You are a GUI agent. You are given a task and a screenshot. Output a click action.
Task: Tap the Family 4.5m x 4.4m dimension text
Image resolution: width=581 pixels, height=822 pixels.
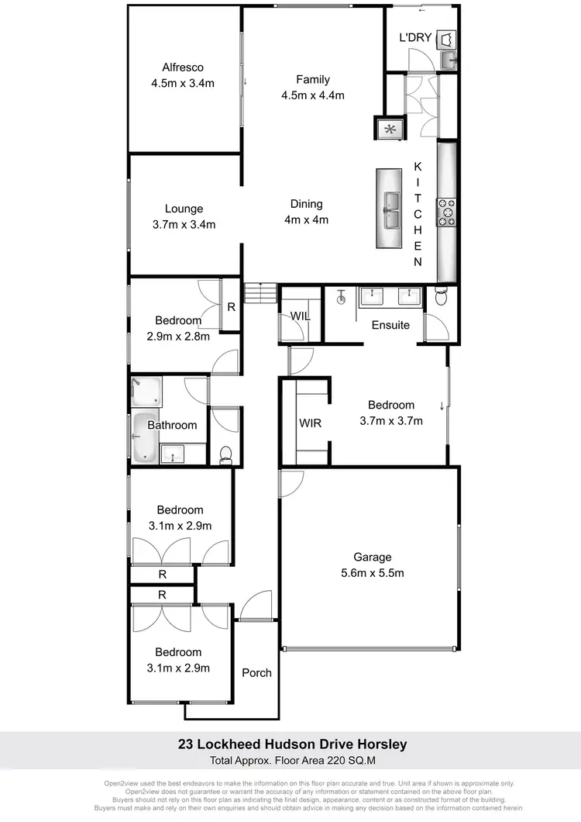(x=313, y=95)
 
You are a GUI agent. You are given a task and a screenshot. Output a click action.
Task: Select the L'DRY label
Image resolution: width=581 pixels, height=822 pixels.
(x=414, y=37)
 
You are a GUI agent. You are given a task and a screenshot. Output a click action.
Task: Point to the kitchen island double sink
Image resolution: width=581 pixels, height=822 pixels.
(x=391, y=209)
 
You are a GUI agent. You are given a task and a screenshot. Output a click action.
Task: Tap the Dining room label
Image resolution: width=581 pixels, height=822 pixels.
(x=306, y=204)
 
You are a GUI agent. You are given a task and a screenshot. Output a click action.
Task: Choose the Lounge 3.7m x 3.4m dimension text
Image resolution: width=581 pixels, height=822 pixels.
(x=184, y=225)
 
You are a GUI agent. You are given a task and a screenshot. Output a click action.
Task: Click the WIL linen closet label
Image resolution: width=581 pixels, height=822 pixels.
(x=301, y=316)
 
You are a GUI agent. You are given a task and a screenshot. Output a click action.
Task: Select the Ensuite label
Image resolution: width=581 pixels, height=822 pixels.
(x=390, y=325)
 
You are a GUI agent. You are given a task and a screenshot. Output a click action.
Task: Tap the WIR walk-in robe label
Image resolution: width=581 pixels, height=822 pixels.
(x=310, y=423)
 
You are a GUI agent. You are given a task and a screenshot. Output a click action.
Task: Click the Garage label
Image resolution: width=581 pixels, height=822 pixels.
(x=373, y=557)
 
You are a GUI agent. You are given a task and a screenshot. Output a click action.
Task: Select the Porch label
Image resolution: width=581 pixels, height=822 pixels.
(x=256, y=672)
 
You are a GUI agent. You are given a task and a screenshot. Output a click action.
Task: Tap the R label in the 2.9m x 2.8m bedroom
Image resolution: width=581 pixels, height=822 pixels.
(x=231, y=306)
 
